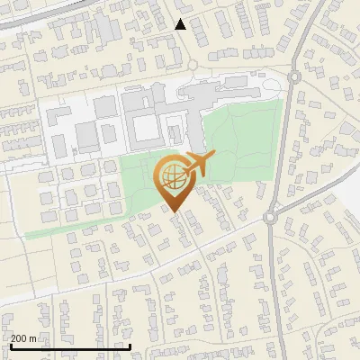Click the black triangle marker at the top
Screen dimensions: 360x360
click(x=181, y=24)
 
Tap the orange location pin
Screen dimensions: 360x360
click(x=175, y=180)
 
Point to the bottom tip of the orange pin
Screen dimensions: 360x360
click(x=175, y=212)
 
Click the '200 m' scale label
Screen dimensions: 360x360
click(x=24, y=338)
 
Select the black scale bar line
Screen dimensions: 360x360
click(x=70, y=346)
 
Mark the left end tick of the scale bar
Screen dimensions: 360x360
click(x=10, y=345)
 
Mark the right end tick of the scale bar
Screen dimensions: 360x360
click(x=130, y=345)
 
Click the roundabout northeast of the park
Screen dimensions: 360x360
click(x=294, y=77)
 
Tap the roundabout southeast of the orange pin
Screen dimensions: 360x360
click(x=270, y=216)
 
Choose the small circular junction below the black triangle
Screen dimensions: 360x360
click(x=193, y=65)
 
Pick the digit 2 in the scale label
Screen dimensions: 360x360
click(x=14, y=338)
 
